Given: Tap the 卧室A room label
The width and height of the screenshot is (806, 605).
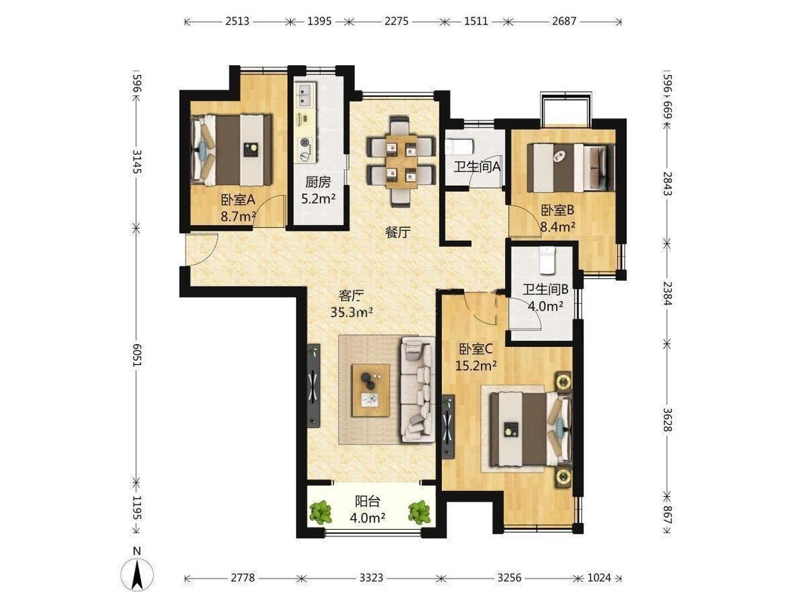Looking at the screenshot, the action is (238, 199).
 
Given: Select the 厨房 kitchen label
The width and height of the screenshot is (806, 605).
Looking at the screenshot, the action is (317, 182).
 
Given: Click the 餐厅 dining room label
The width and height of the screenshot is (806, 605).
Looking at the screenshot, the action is (398, 232).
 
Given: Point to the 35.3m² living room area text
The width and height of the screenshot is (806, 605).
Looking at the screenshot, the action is (352, 313).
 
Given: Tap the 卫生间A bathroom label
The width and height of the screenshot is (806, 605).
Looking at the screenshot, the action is (476, 167).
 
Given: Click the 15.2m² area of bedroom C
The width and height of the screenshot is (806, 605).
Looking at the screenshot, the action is (476, 366).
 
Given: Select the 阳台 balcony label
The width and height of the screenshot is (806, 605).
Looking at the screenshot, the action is (368, 501).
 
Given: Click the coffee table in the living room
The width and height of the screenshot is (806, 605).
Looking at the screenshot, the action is (370, 391).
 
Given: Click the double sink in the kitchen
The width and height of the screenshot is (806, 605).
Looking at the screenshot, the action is (305, 95).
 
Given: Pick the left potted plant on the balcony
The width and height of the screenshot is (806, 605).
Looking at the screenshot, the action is (321, 512).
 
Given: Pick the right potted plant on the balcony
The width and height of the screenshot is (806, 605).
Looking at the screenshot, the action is (419, 512).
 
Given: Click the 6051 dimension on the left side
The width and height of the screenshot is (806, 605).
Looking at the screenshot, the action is (137, 355).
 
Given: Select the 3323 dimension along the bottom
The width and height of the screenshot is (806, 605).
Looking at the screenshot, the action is (370, 578).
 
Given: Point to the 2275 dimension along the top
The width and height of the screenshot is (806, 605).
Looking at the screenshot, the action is (396, 22).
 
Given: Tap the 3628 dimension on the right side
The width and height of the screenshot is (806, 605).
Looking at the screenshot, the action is (667, 420).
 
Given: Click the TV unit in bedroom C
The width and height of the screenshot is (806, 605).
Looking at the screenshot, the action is (448, 426).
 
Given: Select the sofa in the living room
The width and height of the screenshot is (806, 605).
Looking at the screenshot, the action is (418, 389).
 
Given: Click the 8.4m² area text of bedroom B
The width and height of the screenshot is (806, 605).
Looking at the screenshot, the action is (557, 227).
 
